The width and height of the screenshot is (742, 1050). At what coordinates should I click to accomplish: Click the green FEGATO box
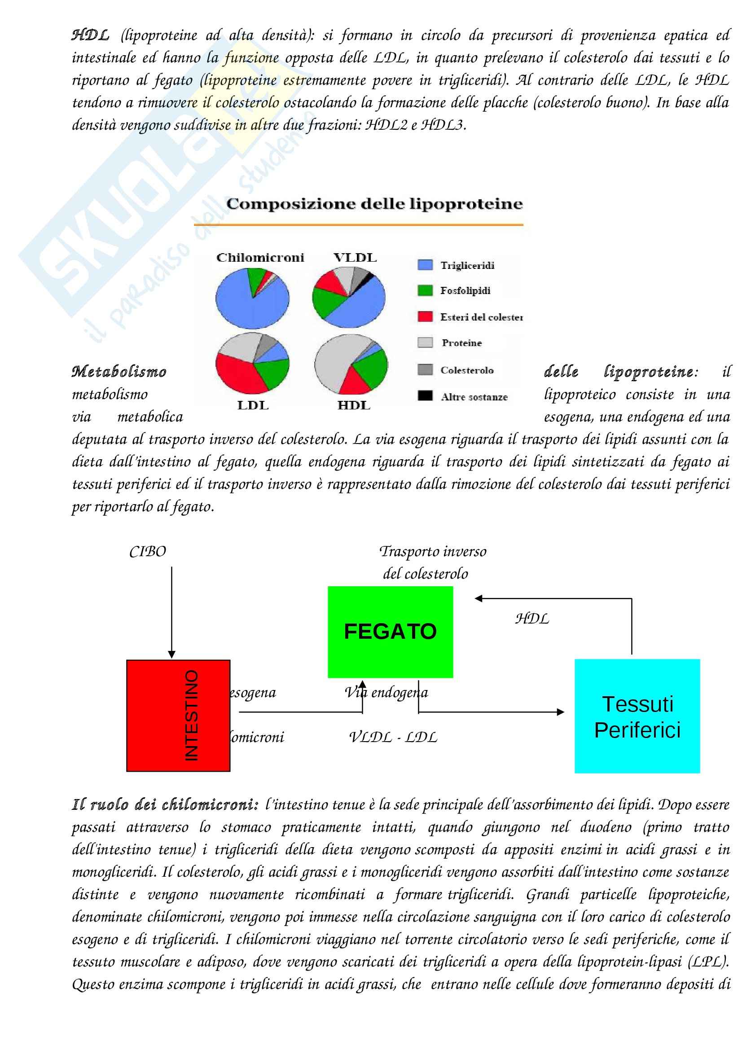tap(390, 632)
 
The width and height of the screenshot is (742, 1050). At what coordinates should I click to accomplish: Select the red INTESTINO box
tap(178, 715)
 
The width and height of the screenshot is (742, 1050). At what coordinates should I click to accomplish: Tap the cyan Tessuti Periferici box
tap(637, 716)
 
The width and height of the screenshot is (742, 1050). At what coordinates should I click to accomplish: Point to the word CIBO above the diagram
tap(147, 552)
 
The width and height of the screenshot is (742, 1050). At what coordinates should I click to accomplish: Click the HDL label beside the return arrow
tap(531, 619)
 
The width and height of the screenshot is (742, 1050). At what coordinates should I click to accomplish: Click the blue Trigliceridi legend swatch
tap(425, 265)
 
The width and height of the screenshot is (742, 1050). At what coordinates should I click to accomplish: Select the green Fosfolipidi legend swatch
tap(425, 290)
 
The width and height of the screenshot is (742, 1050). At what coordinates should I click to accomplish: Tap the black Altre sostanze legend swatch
tap(425, 395)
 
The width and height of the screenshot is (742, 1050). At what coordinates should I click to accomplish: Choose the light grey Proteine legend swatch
tap(425, 343)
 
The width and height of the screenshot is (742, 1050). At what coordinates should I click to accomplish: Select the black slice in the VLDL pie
tap(369, 277)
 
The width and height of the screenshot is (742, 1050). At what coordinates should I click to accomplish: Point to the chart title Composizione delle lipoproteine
tap(374, 203)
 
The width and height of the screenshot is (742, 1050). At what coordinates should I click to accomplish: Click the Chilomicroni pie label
tap(260, 258)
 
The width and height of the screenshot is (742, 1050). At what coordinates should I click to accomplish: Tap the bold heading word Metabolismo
tap(119, 371)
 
